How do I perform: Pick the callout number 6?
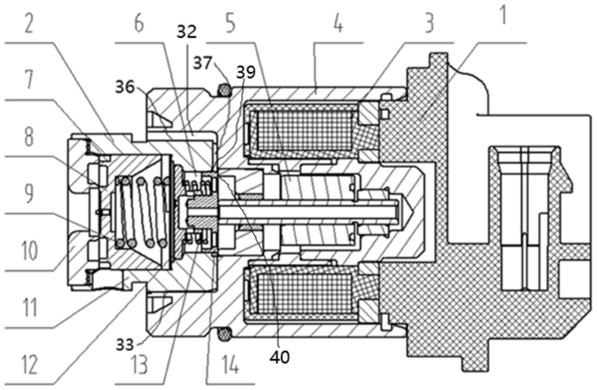(138, 23)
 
